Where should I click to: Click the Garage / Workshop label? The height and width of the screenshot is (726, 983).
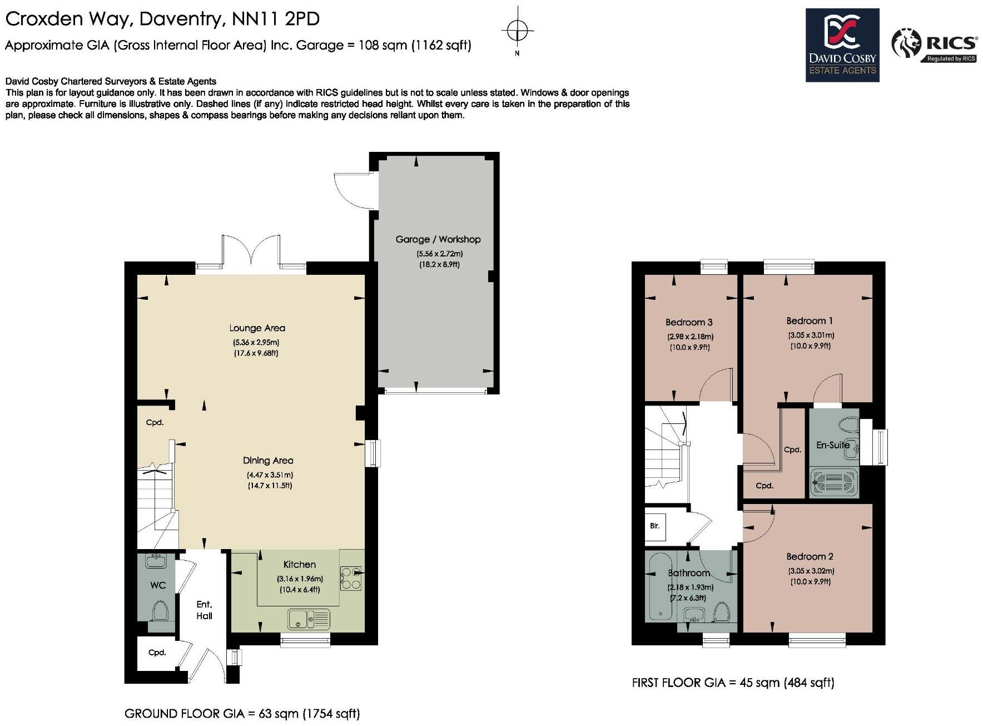pyautogui.click(x=438, y=239)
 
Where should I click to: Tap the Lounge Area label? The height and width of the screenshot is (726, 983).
pyautogui.click(x=257, y=328)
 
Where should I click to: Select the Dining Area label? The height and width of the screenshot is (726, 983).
pyautogui.click(x=268, y=461)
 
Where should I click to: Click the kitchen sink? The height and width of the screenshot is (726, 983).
pyautogui.click(x=309, y=619)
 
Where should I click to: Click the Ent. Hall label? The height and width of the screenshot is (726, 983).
pyautogui.click(x=204, y=610)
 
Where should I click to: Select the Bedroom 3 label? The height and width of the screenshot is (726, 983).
pyautogui.click(x=689, y=322)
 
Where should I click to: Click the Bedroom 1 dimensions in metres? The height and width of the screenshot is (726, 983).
pyautogui.click(x=811, y=335)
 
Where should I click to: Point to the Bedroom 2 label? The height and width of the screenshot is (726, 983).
pyautogui.click(x=810, y=556)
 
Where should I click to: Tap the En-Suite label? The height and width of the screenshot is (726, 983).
pyautogui.click(x=832, y=445)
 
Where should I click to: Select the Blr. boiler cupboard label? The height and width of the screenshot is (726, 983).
pyautogui.click(x=654, y=525)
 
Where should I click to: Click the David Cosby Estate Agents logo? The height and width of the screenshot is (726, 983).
pyautogui.click(x=842, y=45)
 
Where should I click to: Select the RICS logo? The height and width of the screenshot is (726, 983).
pyautogui.click(x=934, y=45)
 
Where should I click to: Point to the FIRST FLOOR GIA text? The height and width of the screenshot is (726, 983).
pyautogui.click(x=733, y=682)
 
